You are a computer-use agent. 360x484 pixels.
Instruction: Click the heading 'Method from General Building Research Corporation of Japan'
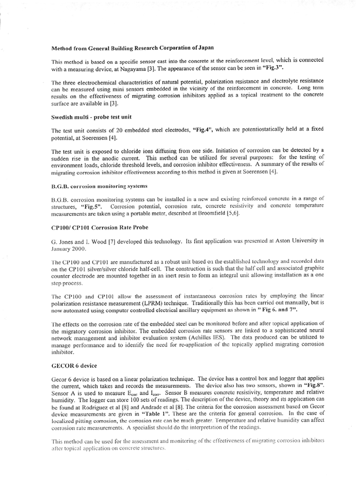pos(132,47)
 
